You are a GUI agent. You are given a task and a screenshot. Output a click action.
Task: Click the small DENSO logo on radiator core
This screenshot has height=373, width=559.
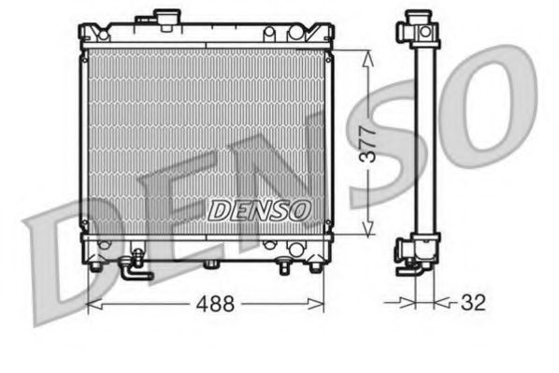click(256, 210)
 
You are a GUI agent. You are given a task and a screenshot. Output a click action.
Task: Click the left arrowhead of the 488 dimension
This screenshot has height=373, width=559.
click(92, 305)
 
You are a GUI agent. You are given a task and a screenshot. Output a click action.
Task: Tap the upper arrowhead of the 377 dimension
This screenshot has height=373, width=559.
click(369, 55)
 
